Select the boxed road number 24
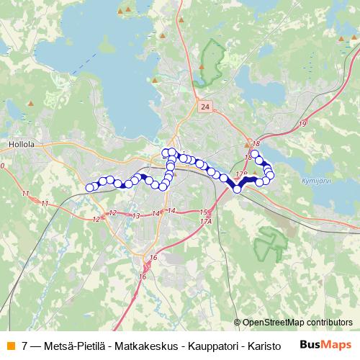[206, 107]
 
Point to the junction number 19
[302, 125]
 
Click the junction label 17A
[206, 220]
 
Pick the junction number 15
[203, 212]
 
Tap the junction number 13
[135, 216]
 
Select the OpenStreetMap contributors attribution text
[297, 323]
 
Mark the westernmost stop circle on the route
[90, 188]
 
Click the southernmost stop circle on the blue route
[237, 189]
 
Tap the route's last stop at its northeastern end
[254, 154]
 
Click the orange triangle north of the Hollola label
[30, 104]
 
